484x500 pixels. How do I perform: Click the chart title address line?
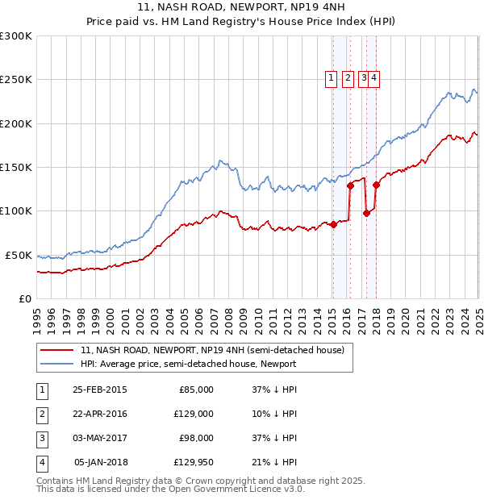241,7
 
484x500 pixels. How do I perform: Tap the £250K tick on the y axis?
16,80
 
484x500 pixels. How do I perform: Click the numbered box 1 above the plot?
331,78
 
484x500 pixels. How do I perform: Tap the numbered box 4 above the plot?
375,78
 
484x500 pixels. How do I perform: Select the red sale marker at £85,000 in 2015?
333,224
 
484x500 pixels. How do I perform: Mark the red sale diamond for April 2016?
350,185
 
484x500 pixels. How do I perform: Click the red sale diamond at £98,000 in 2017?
366,213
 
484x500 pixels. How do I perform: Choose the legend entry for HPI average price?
188,364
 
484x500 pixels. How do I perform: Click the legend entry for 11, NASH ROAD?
211,350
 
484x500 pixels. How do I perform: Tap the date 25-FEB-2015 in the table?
99,390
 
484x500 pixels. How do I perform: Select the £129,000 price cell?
194,414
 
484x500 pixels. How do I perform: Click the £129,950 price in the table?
194,463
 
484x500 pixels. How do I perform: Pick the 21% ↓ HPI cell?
273,463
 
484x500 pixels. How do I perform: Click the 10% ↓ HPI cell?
273,414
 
